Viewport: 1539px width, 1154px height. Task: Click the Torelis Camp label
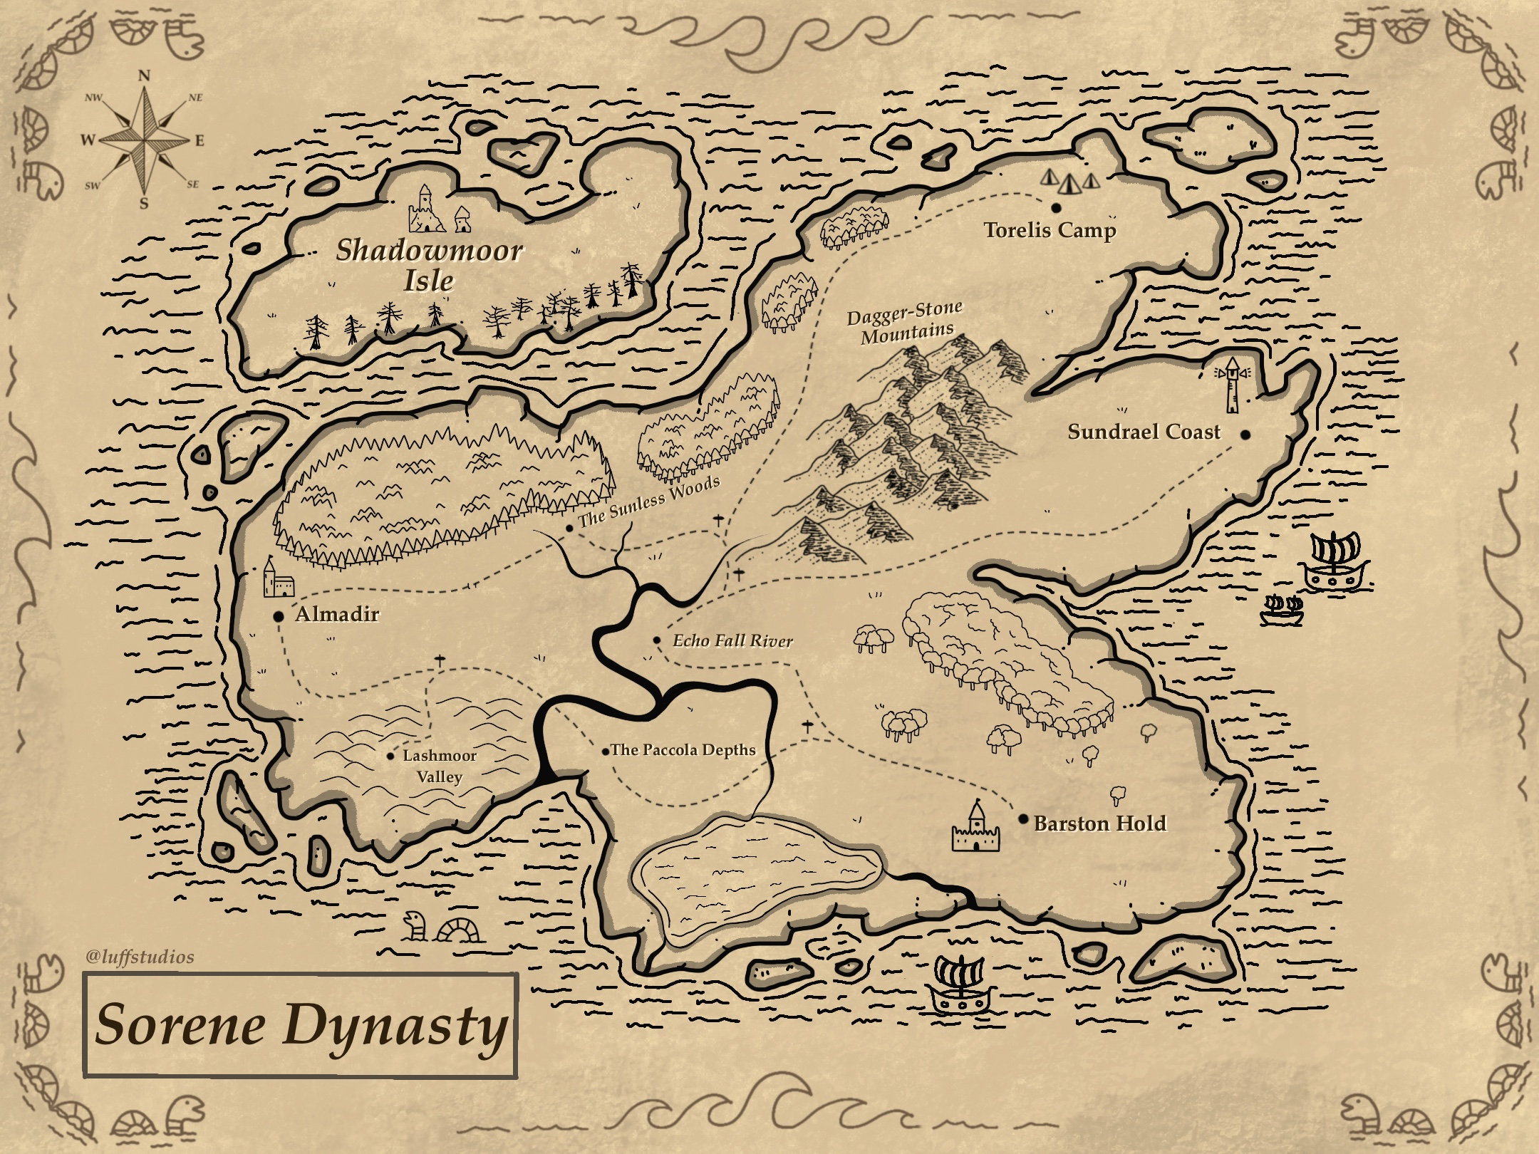tap(1050, 231)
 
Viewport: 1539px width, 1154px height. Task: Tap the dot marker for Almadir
tap(279, 616)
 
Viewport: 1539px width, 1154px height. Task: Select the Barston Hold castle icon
tap(975, 828)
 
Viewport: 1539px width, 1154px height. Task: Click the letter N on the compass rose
tap(144, 76)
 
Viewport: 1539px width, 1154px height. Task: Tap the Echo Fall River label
tap(732, 641)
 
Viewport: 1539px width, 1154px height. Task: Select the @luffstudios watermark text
tap(140, 957)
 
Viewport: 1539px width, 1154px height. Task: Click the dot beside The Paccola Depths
tap(606, 752)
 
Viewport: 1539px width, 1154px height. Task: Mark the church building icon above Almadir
tap(278, 578)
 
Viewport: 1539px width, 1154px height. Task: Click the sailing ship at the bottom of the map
tap(960, 985)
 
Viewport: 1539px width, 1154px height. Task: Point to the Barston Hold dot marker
tap(1023, 820)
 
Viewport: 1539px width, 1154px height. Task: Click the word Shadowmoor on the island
tap(430, 250)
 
